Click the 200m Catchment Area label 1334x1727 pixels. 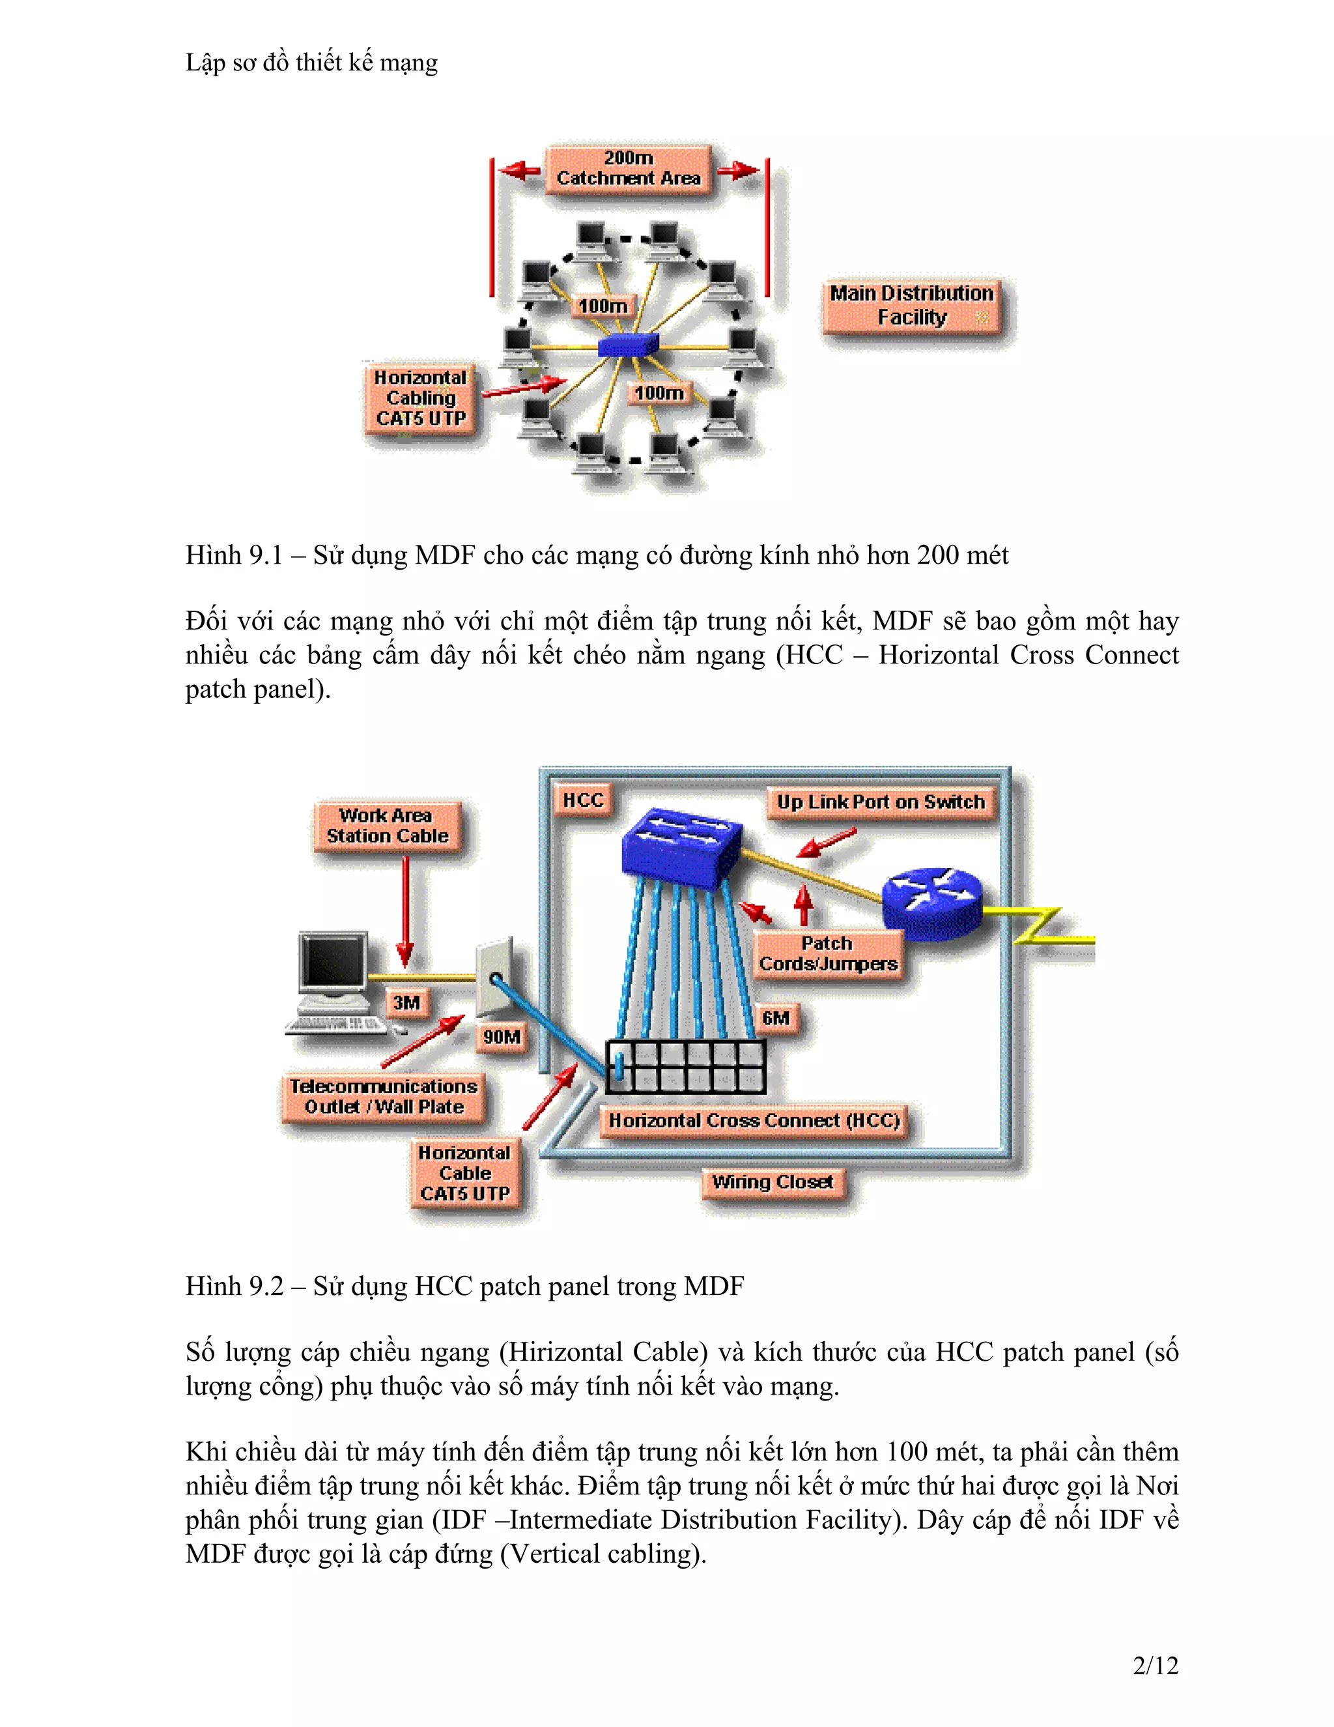pyautogui.click(x=629, y=168)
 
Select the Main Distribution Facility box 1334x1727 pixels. pyautogui.click(x=912, y=306)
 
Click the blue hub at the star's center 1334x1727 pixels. pyautogui.click(x=627, y=345)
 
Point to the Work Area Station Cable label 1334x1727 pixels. pyautogui.click(x=386, y=826)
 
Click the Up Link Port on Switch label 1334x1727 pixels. pyautogui.click(x=881, y=802)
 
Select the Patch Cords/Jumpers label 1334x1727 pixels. pyautogui.click(x=827, y=953)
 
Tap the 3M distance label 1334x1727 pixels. pyautogui.click(x=406, y=1004)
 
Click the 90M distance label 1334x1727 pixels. pyautogui.click(x=501, y=1037)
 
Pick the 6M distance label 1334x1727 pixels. pyautogui.click(x=775, y=1019)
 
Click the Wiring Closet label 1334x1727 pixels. pyautogui.click(x=772, y=1182)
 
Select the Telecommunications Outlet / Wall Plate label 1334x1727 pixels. pyautogui.click(x=383, y=1097)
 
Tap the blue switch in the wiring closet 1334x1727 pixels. pyautogui.click(x=682, y=846)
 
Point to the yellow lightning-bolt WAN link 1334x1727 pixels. pyautogui.click(x=1043, y=927)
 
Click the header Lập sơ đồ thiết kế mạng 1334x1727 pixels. pyautogui.click(x=311, y=63)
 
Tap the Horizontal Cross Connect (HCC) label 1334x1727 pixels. pyautogui.click(x=754, y=1120)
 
